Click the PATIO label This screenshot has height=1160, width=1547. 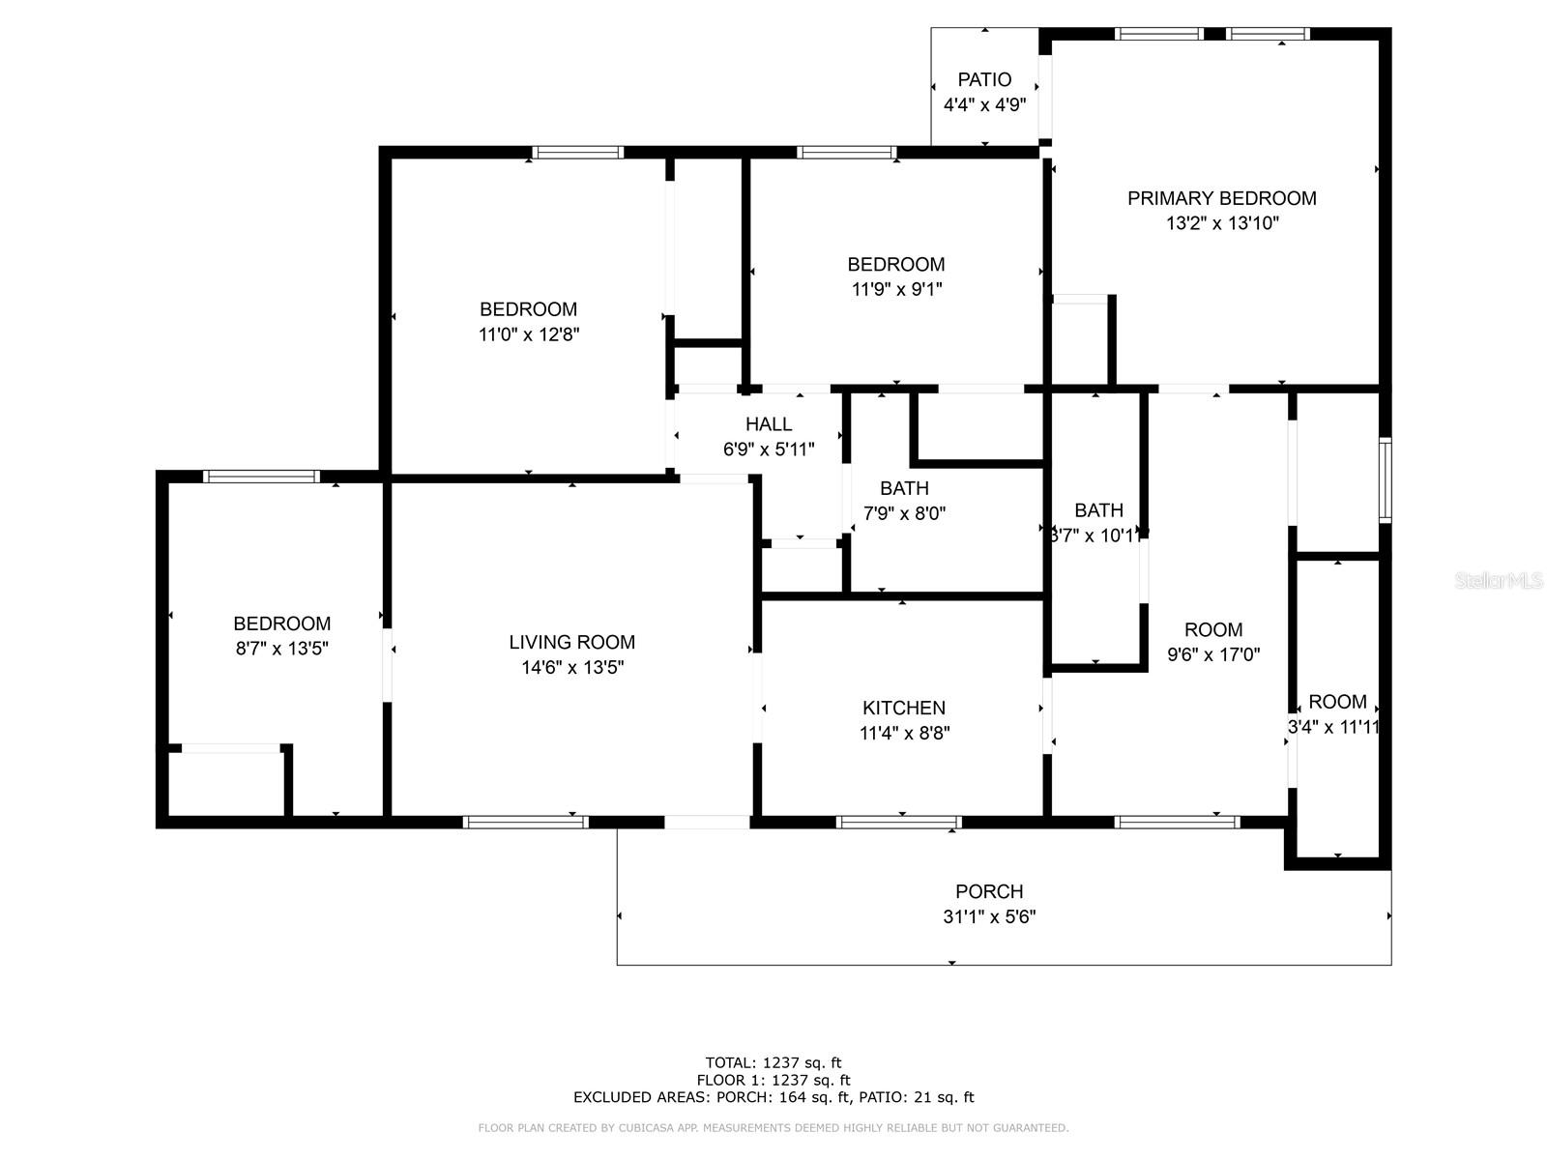coord(984,79)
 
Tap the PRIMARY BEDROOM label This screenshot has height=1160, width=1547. coord(1221,198)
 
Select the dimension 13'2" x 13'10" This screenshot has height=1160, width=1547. coord(1222,223)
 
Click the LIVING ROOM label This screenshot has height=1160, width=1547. coord(571,642)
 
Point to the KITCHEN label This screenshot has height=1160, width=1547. coord(904,708)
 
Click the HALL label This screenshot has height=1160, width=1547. coord(769,423)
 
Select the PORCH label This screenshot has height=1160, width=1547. coord(989,891)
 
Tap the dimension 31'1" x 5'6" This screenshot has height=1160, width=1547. coord(989,916)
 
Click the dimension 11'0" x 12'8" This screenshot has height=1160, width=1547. coord(528,334)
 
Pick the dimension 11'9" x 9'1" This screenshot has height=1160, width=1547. coord(896,289)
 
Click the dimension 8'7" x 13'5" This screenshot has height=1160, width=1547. coord(282,649)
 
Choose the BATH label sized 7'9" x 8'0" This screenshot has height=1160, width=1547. coord(904,488)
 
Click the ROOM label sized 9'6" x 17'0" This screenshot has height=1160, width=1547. coord(1213,629)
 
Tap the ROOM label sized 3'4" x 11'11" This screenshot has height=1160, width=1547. coord(1337,702)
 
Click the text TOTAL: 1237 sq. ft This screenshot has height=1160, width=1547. coord(773,1062)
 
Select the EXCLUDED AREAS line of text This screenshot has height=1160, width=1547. coord(773,1097)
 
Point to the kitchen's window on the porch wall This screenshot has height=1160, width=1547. coord(898,823)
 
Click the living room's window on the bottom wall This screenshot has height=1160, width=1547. coord(525,823)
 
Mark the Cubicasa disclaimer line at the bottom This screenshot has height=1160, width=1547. coord(773,1128)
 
